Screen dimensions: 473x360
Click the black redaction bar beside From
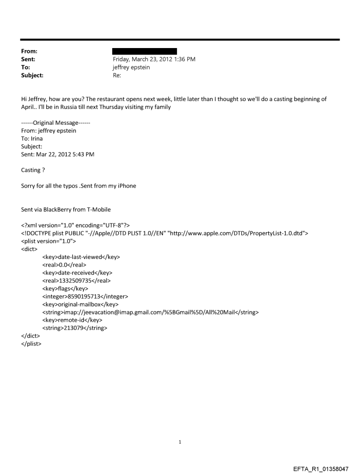coord(145,52)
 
